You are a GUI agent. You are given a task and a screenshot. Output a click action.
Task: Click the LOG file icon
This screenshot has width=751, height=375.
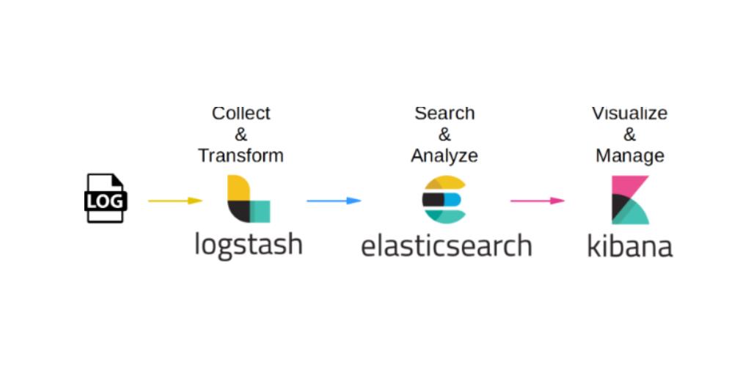click(x=106, y=198)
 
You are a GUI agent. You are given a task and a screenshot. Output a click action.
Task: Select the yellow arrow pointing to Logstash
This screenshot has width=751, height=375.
click(x=175, y=200)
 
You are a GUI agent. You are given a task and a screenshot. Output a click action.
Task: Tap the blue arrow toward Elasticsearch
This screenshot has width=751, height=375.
click(x=334, y=200)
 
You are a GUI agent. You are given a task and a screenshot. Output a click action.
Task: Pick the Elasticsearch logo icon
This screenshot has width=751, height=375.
click(x=444, y=199)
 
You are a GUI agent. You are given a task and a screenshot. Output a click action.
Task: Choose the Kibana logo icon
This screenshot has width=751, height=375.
click(x=630, y=199)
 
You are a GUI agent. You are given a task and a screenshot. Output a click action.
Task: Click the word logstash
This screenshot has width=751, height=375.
click(x=249, y=243)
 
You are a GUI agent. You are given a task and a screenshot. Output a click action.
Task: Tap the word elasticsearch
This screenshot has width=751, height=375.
click(x=446, y=245)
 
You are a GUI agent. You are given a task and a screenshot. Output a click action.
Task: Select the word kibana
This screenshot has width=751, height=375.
click(x=630, y=245)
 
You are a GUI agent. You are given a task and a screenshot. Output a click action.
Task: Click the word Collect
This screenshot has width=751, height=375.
click(x=241, y=114)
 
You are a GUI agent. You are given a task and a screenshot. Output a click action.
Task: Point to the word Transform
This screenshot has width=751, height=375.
click(x=241, y=155)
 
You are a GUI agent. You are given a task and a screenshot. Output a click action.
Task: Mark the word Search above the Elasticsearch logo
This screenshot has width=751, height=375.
click(x=444, y=114)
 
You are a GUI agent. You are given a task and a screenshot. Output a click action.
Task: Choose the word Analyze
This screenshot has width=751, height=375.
click(x=444, y=155)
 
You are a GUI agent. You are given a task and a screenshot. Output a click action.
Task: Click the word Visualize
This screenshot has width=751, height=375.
click(x=630, y=114)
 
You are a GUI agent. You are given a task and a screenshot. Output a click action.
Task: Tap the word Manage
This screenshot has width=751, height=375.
click(x=630, y=155)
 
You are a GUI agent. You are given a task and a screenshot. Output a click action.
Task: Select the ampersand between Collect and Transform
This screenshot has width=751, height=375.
click(x=241, y=135)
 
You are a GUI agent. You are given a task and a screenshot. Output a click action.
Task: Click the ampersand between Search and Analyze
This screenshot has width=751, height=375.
click(x=444, y=135)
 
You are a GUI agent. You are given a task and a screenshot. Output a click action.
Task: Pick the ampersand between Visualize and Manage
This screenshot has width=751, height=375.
click(x=630, y=135)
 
